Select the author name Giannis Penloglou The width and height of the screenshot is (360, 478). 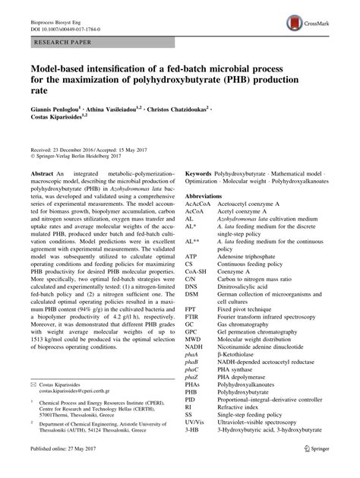coord(58,109)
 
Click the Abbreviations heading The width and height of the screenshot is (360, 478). coord(205,196)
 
